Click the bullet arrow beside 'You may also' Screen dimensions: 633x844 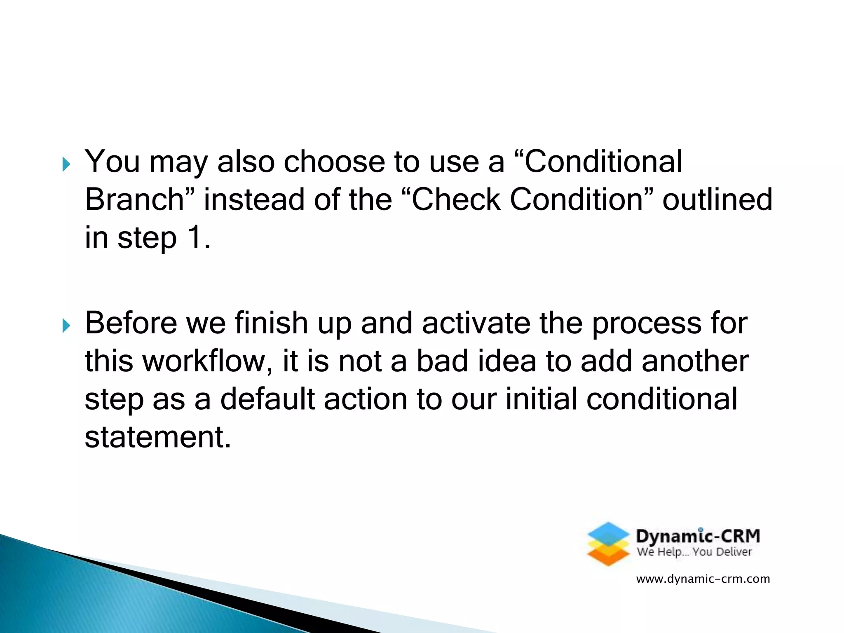66,164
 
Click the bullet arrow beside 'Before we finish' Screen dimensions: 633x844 66,326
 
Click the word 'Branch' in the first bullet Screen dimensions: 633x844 134,199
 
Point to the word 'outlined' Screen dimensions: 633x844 717,199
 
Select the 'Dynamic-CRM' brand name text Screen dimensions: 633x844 698,536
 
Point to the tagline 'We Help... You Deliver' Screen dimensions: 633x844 694,552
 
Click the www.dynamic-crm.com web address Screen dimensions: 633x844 703,579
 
